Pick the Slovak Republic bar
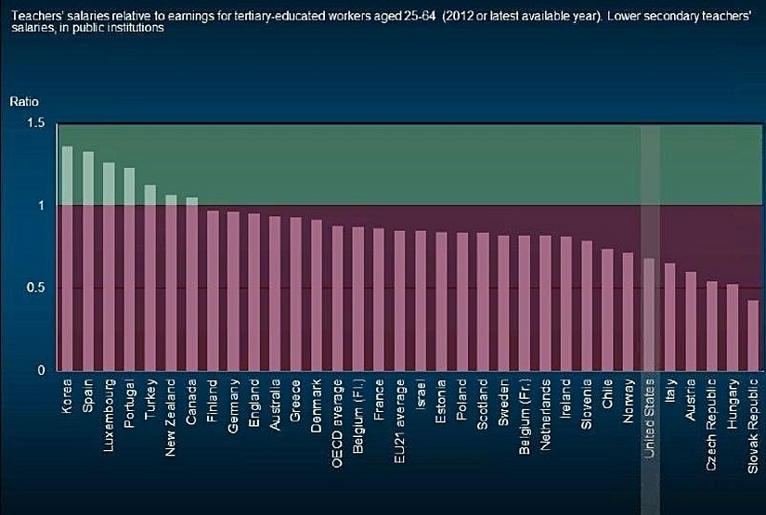coord(753,335)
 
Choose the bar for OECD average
coord(337,298)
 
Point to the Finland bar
coord(213,290)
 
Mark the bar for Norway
coord(629,311)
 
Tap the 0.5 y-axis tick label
coord(35,288)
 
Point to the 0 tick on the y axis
coord(41,370)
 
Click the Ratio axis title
coord(24,101)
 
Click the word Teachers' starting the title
coord(31,12)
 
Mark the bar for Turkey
coord(150,277)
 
